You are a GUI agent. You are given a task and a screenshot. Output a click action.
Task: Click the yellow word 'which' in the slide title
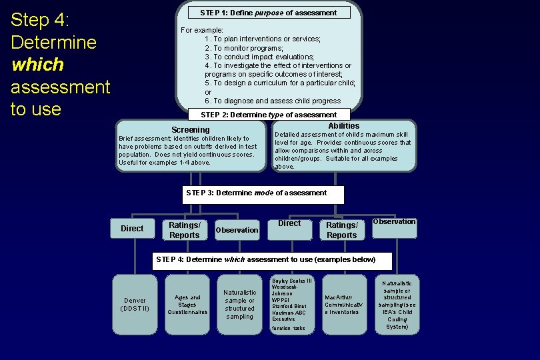click(x=37, y=65)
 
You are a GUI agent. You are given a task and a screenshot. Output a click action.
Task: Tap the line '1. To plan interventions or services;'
click(x=263, y=39)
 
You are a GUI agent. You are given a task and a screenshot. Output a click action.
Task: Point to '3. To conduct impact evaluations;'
click(x=259, y=57)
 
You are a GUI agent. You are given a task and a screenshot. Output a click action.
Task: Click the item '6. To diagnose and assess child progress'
click(x=273, y=101)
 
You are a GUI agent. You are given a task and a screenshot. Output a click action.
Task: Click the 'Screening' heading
click(x=190, y=129)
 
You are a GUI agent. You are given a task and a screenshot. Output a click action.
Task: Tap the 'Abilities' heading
click(x=343, y=126)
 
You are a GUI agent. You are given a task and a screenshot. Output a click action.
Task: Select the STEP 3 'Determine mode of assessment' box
click(x=263, y=194)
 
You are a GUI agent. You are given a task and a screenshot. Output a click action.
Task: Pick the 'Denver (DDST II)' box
click(x=135, y=304)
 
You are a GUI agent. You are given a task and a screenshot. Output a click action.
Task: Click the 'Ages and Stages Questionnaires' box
click(x=187, y=304)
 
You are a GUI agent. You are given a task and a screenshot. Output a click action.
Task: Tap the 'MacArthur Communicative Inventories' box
click(x=345, y=304)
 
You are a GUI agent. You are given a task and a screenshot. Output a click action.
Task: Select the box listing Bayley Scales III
click(x=291, y=304)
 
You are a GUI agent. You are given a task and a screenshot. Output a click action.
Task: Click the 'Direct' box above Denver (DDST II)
click(x=132, y=229)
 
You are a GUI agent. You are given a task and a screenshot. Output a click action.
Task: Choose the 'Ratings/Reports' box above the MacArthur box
click(x=342, y=230)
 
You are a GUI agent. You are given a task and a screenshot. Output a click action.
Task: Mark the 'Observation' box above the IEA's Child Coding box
click(x=394, y=227)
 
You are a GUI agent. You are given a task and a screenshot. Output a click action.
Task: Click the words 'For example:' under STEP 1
click(x=202, y=30)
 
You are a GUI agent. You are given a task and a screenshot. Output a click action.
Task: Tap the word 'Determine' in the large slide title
click(x=53, y=43)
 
